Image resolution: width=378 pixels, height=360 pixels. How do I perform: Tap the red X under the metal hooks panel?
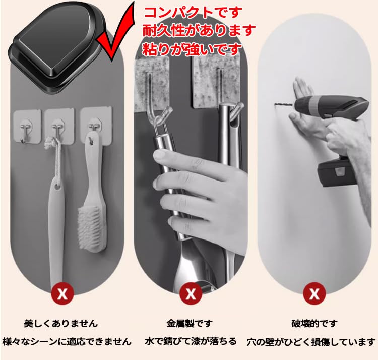pos(190,293)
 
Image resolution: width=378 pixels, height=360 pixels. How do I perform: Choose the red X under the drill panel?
pos(314,293)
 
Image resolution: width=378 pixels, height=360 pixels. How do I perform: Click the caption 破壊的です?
pos(314,323)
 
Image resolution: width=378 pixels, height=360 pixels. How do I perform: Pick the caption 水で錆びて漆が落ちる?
pos(190,341)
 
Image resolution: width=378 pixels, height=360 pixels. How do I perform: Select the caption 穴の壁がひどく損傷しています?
pos(311,341)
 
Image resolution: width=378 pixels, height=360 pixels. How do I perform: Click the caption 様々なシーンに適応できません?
pos(66,341)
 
